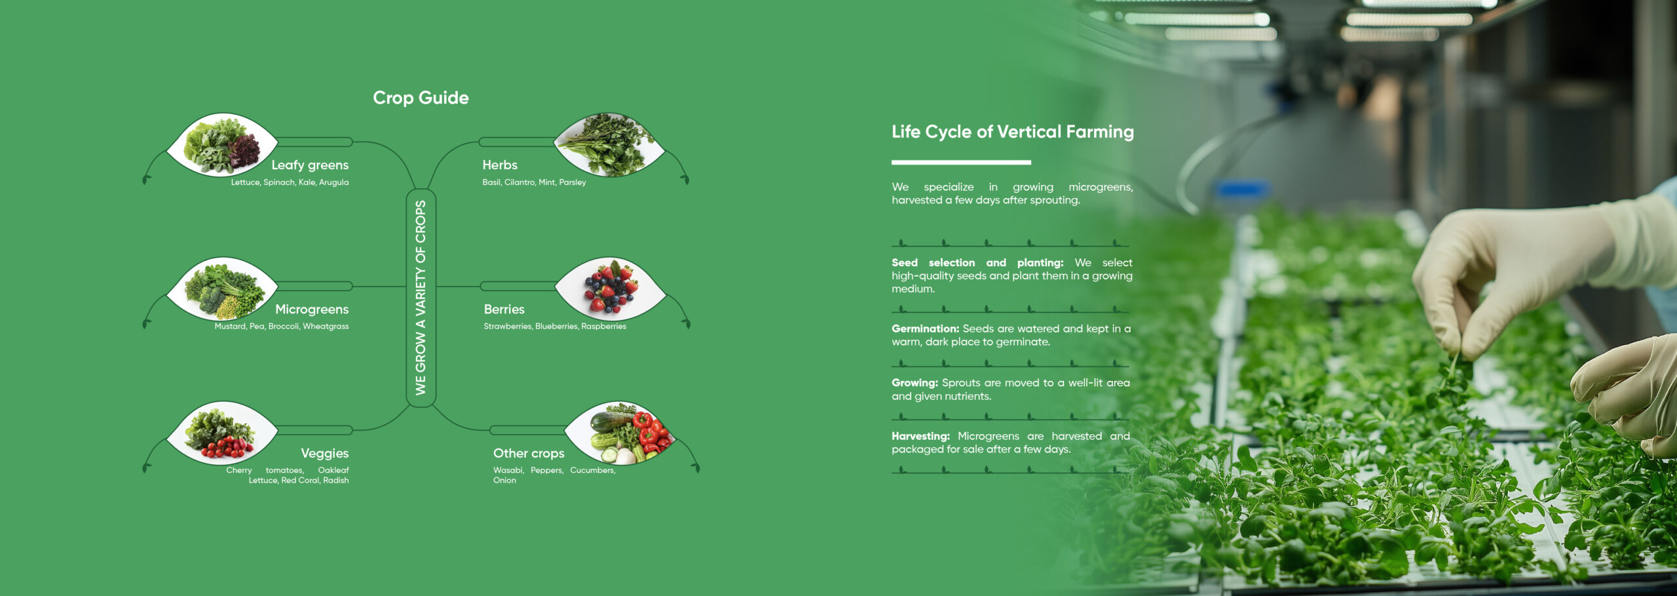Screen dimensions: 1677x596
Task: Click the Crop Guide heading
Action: (421, 98)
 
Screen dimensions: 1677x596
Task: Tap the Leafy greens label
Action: (310, 165)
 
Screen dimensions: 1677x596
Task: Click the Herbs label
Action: (500, 165)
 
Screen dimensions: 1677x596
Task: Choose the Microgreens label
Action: (312, 309)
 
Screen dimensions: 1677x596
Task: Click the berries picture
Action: (611, 289)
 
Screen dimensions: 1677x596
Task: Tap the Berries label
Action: (504, 309)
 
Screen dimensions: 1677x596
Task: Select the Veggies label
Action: (324, 453)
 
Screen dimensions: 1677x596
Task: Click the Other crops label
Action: (529, 453)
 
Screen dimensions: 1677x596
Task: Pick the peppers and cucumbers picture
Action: (620, 433)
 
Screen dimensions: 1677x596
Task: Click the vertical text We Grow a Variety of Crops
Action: (421, 298)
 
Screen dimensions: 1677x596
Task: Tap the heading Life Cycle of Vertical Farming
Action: (1013, 132)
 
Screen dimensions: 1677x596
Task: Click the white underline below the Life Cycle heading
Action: (961, 162)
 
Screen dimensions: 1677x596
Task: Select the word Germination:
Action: (925, 328)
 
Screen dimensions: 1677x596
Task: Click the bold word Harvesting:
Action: (920, 436)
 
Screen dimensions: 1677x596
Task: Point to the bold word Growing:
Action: (914, 383)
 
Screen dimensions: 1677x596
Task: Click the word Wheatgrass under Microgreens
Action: (326, 327)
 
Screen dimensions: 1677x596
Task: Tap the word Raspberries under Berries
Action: (603, 327)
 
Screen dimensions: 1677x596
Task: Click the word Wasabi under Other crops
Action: (508, 470)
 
